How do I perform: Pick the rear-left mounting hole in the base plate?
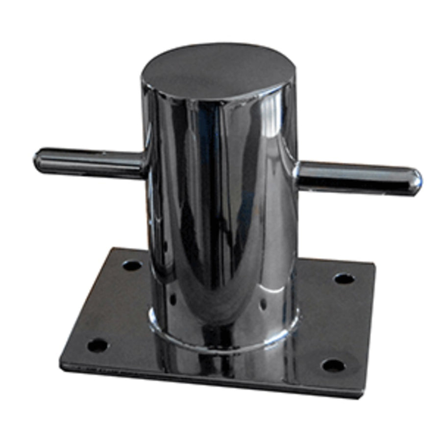132,266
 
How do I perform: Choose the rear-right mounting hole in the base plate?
344,278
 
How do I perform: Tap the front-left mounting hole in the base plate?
97,345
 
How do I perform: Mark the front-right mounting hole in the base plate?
333,365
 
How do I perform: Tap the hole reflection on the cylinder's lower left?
172,298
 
